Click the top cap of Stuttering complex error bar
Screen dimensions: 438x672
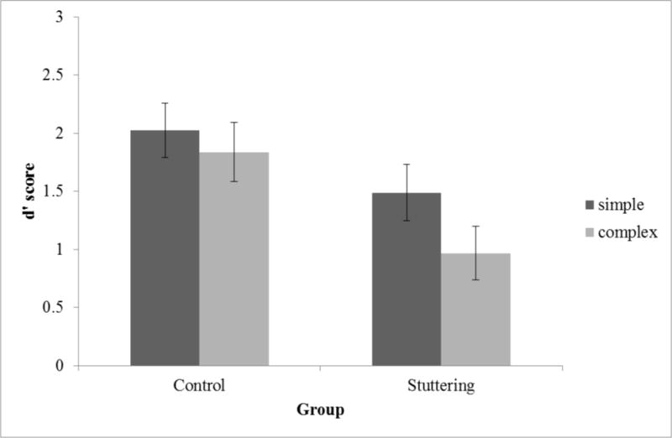(x=475, y=227)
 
